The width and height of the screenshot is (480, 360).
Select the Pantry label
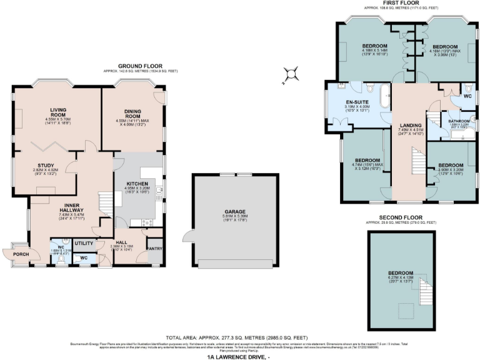tap(153, 249)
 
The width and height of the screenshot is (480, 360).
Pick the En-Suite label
tap(357, 101)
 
